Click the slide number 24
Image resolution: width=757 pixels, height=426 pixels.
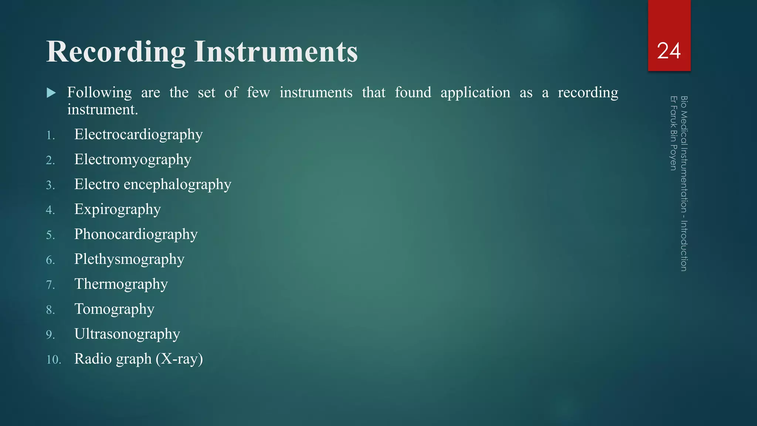coord(669,51)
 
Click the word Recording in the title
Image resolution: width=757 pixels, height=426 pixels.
coord(116,52)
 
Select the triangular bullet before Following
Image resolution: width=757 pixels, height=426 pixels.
coord(51,93)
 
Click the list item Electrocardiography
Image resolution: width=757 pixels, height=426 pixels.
coord(138,135)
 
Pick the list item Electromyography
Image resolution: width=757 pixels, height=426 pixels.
coord(133,160)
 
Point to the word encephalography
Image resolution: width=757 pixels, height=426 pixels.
coord(177,185)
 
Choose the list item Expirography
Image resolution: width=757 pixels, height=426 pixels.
coord(118,210)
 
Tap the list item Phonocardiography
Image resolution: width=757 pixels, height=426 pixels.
coord(136,234)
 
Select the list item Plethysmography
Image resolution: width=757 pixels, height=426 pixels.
coord(129,259)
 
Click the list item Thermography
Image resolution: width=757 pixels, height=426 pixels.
coord(121,284)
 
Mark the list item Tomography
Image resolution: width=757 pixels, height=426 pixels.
coord(114,309)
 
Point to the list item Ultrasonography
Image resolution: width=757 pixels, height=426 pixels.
coord(127,334)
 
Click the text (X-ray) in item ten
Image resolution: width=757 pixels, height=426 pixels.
coord(179,359)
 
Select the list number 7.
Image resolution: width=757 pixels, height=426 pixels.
coord(50,285)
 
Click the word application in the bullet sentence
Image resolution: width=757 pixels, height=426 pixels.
coord(475,92)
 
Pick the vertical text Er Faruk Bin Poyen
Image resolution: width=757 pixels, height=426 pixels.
coord(673,133)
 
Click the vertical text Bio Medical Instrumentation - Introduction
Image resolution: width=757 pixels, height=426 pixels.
coord(684,183)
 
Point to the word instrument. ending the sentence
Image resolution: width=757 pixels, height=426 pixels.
coord(102,110)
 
